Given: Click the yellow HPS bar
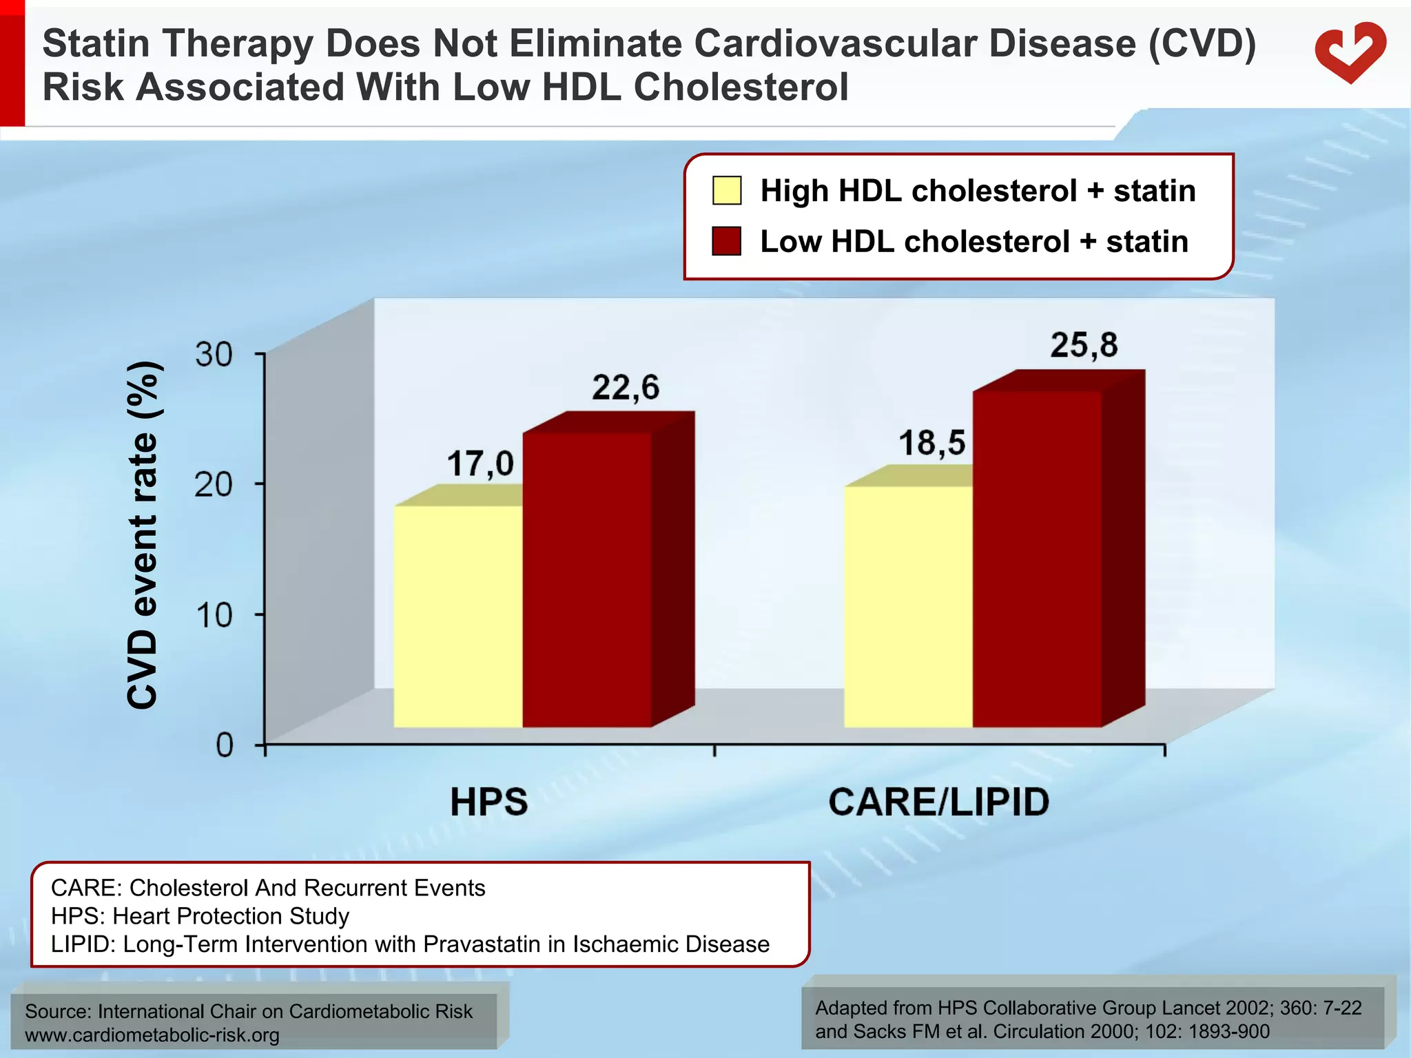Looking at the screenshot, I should (x=458, y=616).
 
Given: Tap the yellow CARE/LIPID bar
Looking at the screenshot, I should (x=908, y=606).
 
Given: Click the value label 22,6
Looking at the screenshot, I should (x=626, y=388).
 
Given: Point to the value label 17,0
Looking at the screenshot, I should (x=480, y=464).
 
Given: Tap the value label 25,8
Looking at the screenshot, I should (x=1084, y=345).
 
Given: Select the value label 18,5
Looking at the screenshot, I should (x=932, y=443).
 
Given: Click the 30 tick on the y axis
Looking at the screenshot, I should (x=214, y=355).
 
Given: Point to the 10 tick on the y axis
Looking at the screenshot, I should (x=214, y=615).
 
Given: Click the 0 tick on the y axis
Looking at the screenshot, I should (x=225, y=745).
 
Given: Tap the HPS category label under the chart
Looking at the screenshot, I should (x=489, y=802).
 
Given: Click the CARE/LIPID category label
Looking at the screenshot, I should (x=938, y=802).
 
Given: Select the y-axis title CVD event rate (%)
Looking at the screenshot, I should (x=143, y=535).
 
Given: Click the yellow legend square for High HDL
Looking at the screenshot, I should (x=727, y=191).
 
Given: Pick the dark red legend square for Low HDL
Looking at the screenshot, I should (x=727, y=241).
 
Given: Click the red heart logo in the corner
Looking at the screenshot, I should (x=1350, y=52).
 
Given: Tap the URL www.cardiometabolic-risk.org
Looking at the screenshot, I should (x=152, y=1035).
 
